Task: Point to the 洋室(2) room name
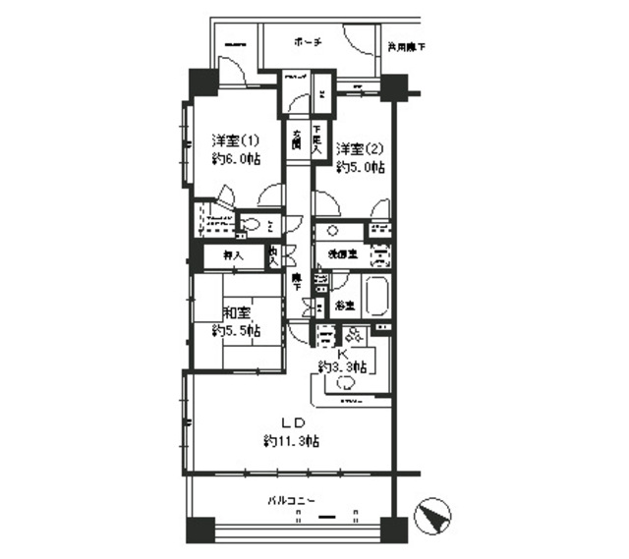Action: coord(360,149)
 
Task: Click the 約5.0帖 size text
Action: coord(360,168)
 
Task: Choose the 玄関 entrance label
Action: coord(296,139)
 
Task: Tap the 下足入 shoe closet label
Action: coord(317,138)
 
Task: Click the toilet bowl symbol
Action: coord(251,223)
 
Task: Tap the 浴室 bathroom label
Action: coord(343,306)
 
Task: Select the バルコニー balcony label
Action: coord(291,501)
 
